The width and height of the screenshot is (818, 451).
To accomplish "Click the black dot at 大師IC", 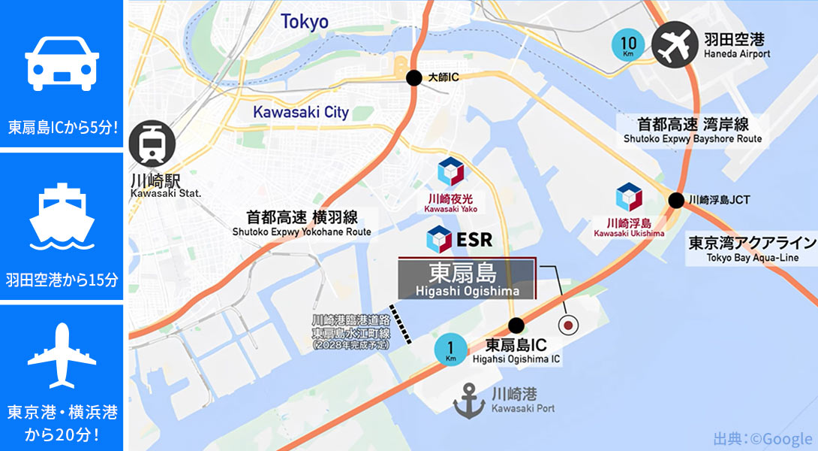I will coord(413,77).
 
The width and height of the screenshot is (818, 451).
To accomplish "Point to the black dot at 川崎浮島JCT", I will coord(676,200).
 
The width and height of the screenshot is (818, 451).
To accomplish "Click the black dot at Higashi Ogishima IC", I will coord(516,325).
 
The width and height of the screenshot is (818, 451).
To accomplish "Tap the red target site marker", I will coord(569,325).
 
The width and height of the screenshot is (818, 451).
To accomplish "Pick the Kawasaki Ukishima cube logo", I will coord(629,197).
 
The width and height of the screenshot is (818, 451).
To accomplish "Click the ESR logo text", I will coord(459,240).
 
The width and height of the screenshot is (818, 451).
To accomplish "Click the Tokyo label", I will coord(305,22).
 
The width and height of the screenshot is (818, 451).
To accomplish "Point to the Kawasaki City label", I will coord(301,112).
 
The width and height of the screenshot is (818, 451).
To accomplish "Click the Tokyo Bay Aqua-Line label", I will coord(751,249).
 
